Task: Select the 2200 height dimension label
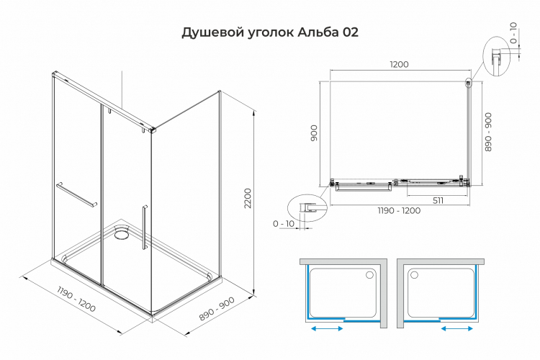(248, 199)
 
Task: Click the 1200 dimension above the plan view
(399, 65)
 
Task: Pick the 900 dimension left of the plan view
(313, 132)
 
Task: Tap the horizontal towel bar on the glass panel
(76, 194)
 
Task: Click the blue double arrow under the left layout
(328, 328)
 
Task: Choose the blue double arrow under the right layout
(456, 328)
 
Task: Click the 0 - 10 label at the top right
(513, 33)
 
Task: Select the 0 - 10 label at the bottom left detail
(284, 224)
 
